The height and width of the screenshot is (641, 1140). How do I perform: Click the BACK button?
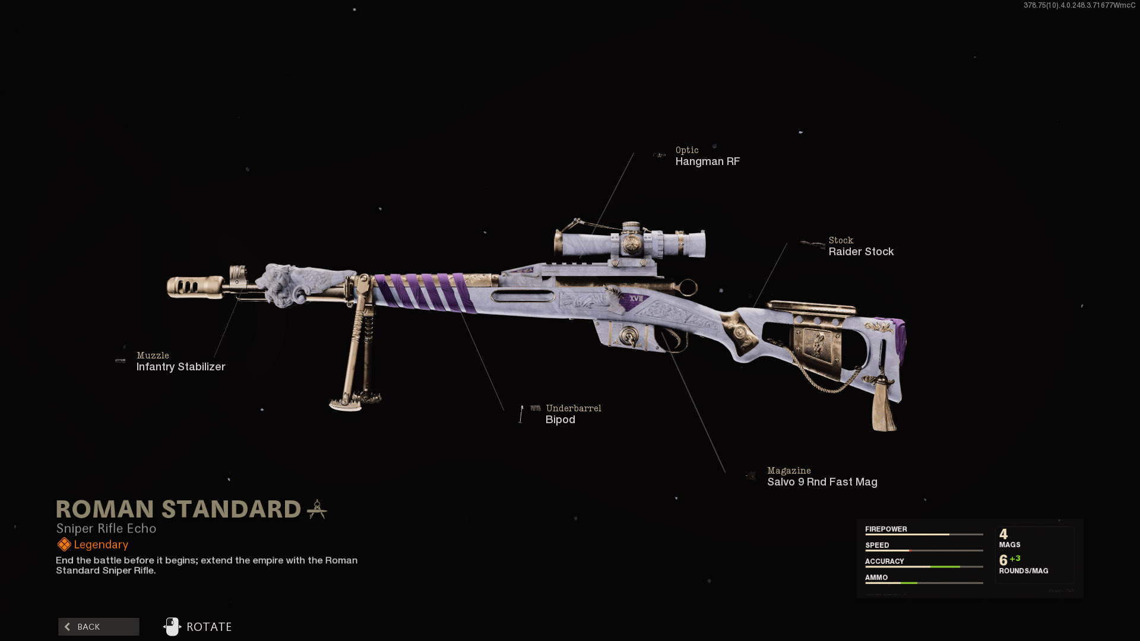tap(99, 627)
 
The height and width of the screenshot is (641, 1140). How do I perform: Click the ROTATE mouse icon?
tap(172, 627)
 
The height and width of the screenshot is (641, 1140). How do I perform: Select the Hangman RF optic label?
tap(707, 161)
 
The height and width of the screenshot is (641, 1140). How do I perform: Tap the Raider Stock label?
tap(861, 252)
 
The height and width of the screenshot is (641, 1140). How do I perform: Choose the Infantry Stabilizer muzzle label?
tap(180, 367)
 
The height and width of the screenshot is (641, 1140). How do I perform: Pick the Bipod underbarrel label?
tap(560, 420)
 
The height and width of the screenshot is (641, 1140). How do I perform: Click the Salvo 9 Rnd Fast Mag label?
tap(822, 482)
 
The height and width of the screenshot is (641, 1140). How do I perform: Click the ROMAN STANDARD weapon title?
tap(179, 509)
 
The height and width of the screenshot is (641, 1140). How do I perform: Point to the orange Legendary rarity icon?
tap(64, 544)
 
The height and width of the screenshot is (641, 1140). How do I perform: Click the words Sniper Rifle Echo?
tap(106, 528)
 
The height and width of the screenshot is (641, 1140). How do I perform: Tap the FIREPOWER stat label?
tap(886, 529)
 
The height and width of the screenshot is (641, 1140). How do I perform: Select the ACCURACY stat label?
tap(884, 561)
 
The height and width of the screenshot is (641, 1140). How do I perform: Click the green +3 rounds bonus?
tap(1015, 559)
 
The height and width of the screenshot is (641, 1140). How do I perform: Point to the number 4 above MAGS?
tap(1003, 534)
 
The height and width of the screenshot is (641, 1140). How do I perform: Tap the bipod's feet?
tap(355, 402)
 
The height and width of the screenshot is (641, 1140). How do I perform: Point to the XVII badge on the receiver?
tap(636, 299)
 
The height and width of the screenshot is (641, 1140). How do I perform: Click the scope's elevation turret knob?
tap(631, 228)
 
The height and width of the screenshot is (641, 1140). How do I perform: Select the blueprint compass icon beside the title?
tap(317, 509)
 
